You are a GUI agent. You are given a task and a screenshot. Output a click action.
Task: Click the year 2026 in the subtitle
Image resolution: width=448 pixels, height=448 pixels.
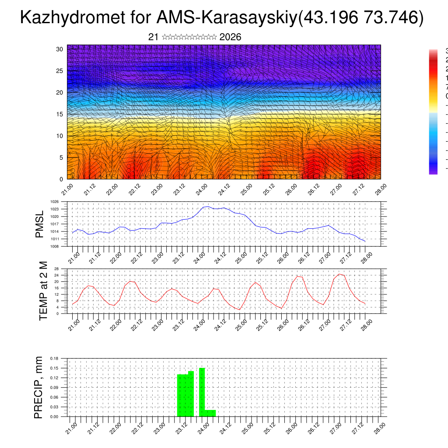pyautogui.click(x=230, y=37)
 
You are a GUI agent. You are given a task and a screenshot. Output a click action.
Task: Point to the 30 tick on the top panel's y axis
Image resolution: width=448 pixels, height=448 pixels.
pyautogui.click(x=60, y=49)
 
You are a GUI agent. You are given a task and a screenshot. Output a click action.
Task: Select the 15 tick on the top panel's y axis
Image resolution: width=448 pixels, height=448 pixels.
pyautogui.click(x=60, y=114)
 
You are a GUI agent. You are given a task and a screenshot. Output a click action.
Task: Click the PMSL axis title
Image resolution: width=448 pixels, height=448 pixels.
pyautogui.click(x=40, y=224)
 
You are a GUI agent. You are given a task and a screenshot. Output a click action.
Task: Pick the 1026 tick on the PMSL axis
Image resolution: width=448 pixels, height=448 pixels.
pyautogui.click(x=54, y=202)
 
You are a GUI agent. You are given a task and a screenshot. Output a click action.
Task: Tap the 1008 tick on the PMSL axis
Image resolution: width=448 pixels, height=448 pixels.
pyautogui.click(x=54, y=246)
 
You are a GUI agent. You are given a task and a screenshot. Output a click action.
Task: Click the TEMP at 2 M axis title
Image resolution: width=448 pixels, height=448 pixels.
pyautogui.click(x=43, y=291)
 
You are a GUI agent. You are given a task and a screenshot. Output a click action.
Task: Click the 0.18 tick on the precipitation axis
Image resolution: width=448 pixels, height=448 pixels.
pyautogui.click(x=54, y=358)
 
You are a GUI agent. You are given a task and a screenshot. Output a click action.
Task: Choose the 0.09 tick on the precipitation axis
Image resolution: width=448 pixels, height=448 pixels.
pyautogui.click(x=54, y=388)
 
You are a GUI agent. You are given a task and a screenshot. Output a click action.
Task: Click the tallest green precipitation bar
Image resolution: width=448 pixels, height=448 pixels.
pyautogui.click(x=202, y=392)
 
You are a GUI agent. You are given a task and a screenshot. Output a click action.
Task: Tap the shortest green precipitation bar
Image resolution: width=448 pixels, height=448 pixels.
pyautogui.click(x=210, y=413)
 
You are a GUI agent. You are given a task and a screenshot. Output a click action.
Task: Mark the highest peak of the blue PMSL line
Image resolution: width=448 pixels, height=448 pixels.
pyautogui.click(x=208, y=206)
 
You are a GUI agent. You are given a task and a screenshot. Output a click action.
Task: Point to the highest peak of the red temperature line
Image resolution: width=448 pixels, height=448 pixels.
pyautogui.click(x=339, y=274)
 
